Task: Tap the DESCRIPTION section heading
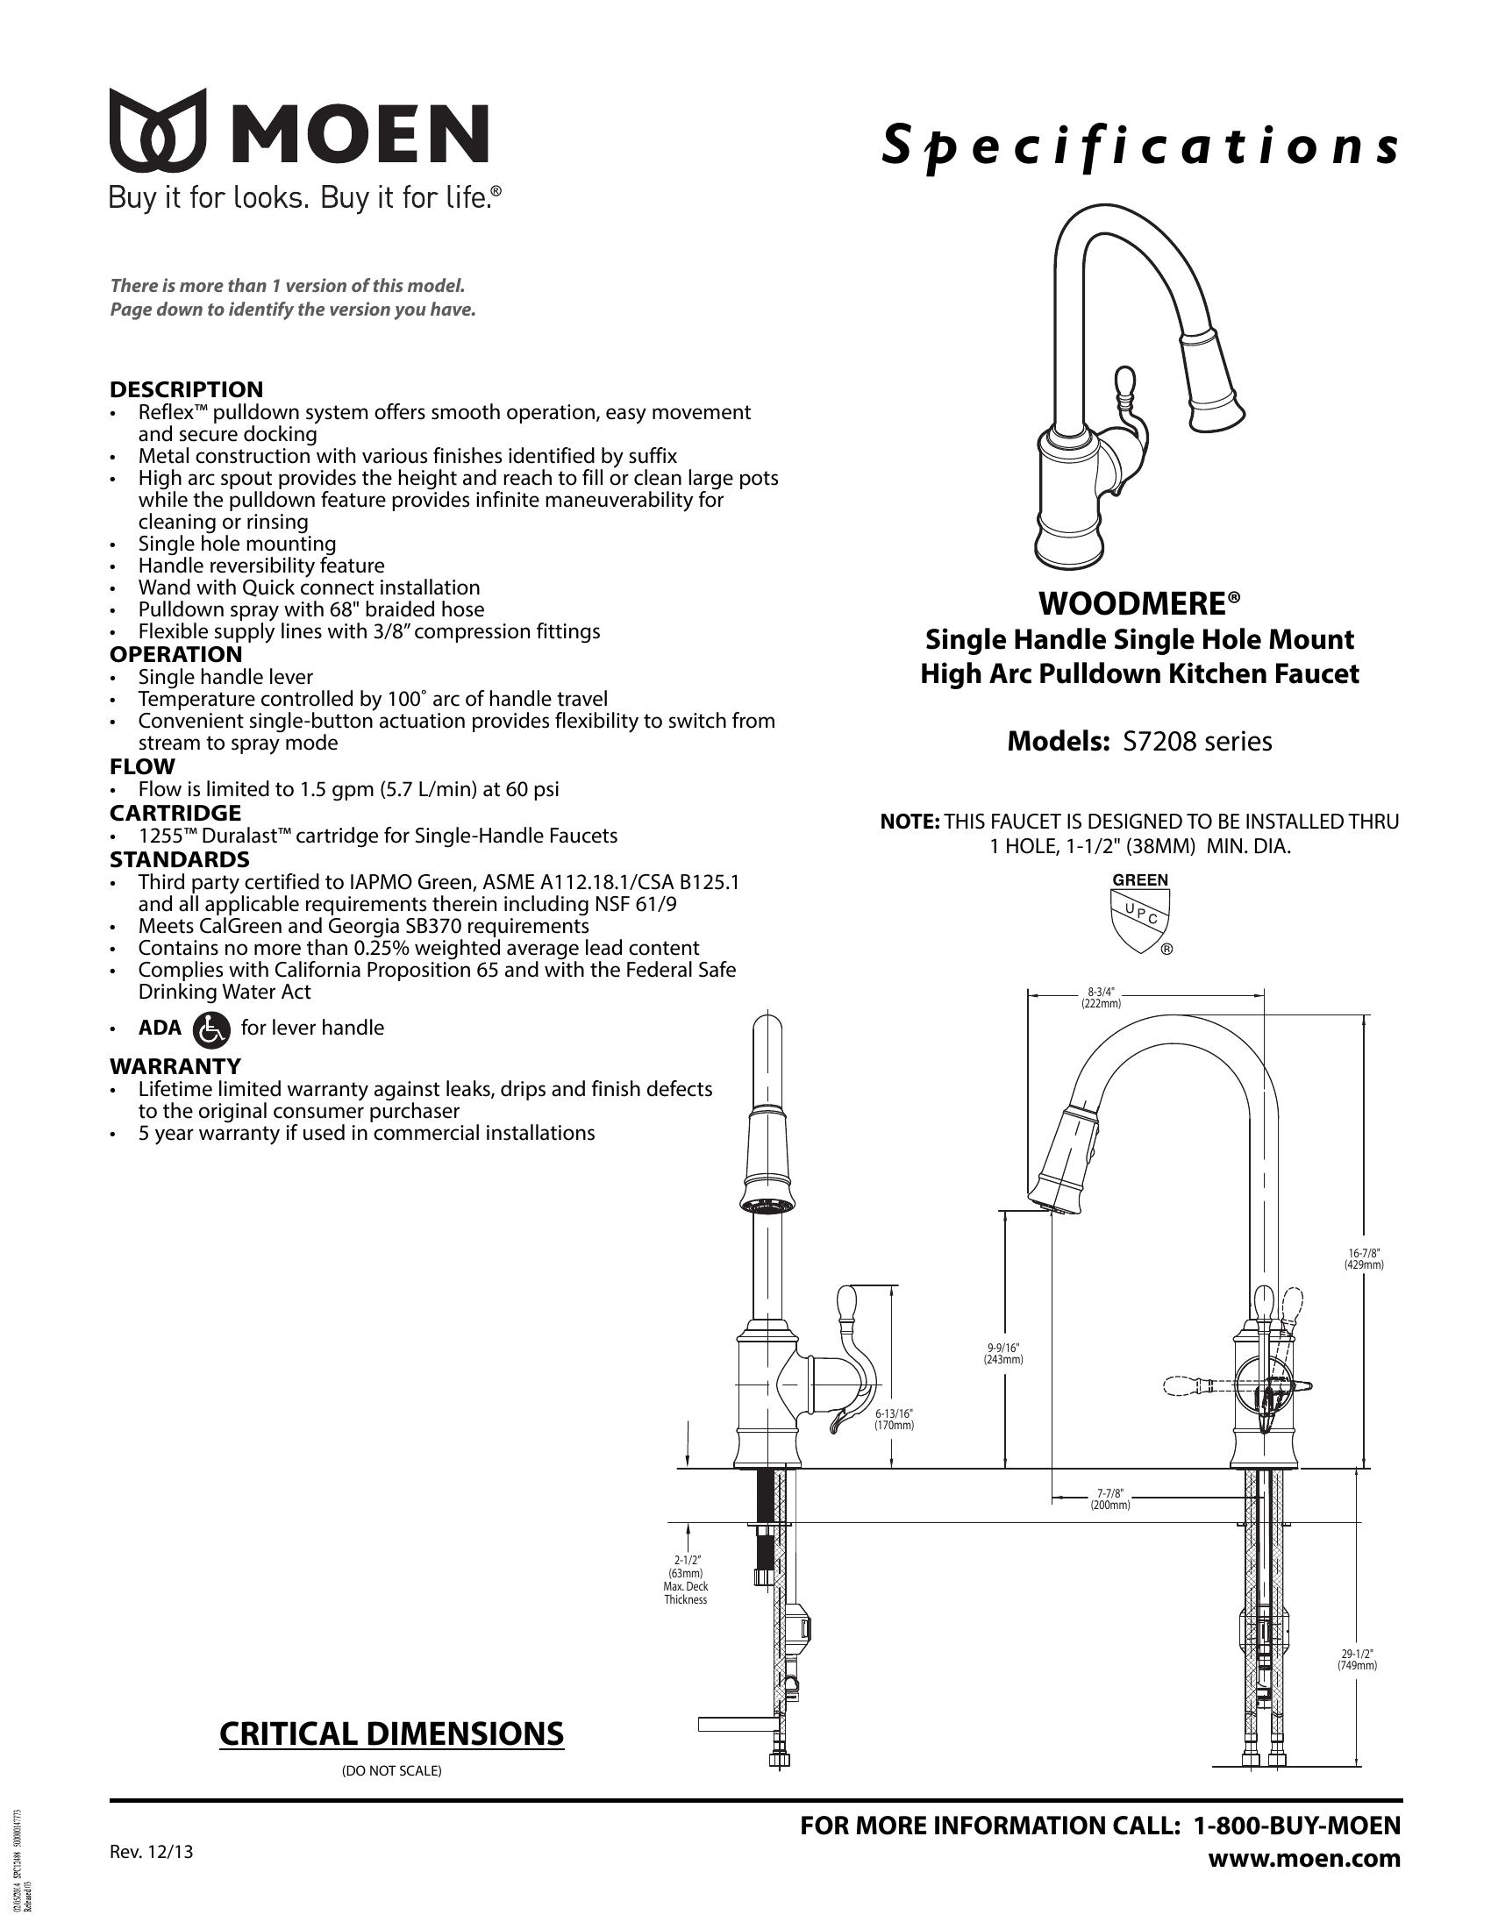(x=186, y=389)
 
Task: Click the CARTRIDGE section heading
(x=175, y=813)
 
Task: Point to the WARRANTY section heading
(x=175, y=1066)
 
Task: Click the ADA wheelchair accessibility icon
(x=210, y=1029)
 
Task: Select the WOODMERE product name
(x=1139, y=604)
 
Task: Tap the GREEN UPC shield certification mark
(x=1140, y=915)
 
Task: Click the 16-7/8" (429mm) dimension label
(x=1364, y=1258)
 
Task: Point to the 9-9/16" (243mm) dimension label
(x=1003, y=1353)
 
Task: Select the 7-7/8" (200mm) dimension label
(x=1109, y=1498)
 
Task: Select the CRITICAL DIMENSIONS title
(x=391, y=1733)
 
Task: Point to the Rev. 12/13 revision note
(x=151, y=1852)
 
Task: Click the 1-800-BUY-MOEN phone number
(x=1296, y=1825)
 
